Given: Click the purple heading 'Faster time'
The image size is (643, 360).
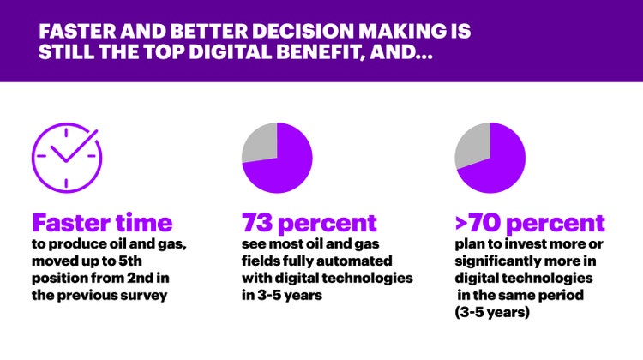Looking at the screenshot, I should [102, 223].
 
